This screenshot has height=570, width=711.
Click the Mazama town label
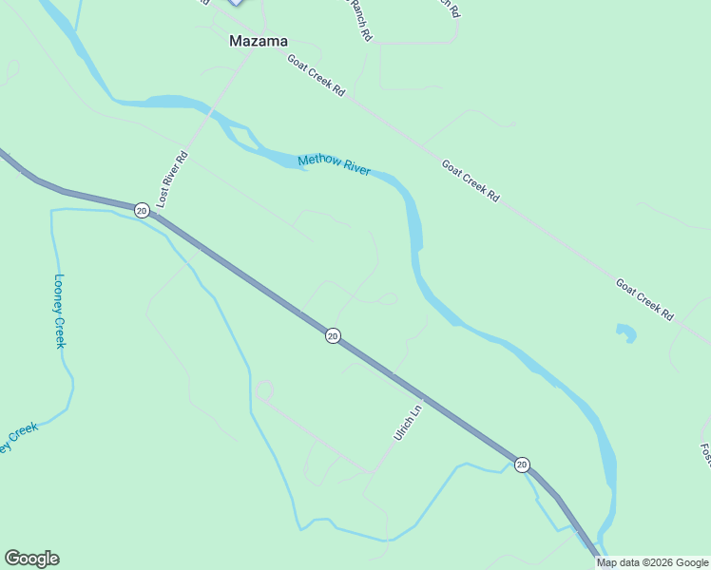259,41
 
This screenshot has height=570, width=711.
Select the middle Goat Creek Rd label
470,179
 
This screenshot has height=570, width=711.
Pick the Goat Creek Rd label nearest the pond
644,297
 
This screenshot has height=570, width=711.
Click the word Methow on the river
318,161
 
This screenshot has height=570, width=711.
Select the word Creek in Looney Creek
60,334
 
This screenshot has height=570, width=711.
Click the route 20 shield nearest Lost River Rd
142,210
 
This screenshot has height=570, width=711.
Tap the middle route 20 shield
333,335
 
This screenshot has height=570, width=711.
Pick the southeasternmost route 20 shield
522,464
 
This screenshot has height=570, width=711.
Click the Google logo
31,559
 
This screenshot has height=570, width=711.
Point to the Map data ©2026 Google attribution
652,562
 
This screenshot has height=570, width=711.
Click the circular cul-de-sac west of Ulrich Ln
264,390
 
